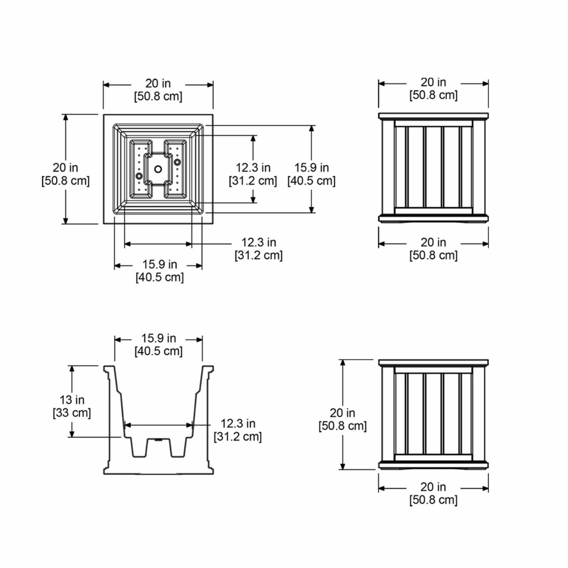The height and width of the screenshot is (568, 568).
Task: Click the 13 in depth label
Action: click(72, 400)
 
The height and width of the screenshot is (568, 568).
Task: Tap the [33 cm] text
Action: click(72, 413)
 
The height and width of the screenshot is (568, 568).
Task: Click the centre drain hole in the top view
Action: click(158, 169)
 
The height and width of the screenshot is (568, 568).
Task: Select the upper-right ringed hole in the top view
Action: click(177, 162)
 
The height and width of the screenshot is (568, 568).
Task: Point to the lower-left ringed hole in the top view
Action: click(139, 176)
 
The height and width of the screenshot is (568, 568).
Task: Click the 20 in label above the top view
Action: click(158, 84)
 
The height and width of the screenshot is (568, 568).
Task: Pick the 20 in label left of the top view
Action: click(65, 168)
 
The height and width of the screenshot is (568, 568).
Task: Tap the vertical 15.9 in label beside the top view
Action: click(312, 168)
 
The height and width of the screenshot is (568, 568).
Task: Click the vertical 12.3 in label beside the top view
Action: click(253, 168)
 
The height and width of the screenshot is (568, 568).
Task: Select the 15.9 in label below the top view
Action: click(160, 265)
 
